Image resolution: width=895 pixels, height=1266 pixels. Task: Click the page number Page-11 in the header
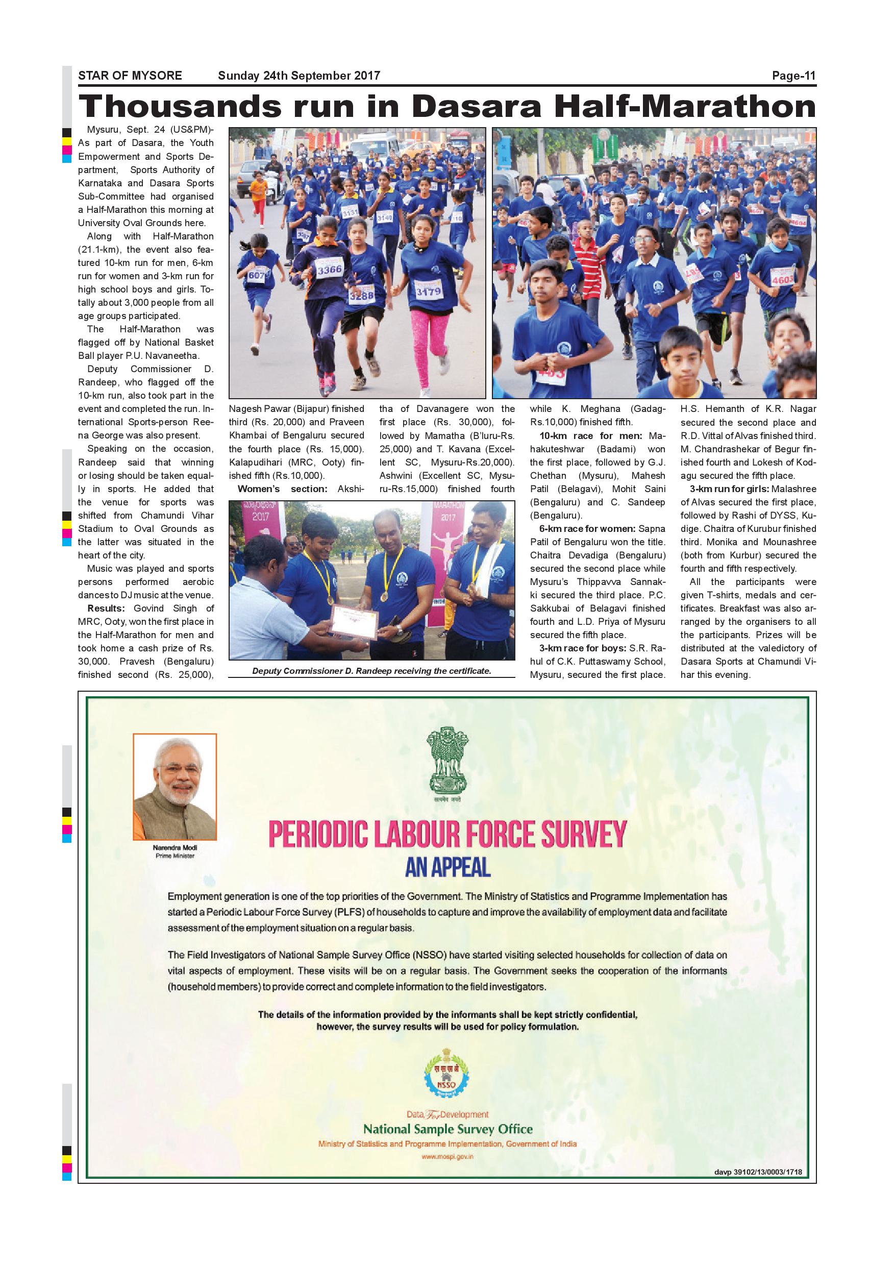pos(793,76)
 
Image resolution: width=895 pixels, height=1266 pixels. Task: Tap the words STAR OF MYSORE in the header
pos(130,76)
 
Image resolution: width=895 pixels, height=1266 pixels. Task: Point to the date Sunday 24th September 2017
pos(299,76)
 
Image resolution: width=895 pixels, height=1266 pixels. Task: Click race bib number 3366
pos(329,270)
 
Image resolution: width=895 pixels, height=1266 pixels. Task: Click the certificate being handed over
pos(353,621)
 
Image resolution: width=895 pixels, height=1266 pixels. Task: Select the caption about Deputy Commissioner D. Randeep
pos(371,671)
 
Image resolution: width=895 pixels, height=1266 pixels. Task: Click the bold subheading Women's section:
pos(282,489)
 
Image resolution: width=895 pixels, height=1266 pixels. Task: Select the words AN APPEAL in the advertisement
pos(447,867)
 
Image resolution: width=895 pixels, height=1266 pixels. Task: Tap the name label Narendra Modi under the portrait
pos(175,847)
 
